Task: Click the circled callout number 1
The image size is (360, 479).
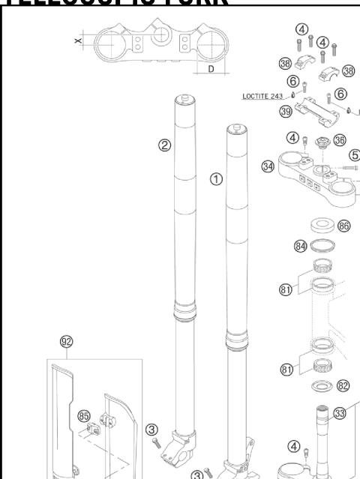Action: click(216, 180)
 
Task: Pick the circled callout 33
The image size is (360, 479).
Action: click(339, 412)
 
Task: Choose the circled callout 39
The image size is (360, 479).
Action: click(285, 112)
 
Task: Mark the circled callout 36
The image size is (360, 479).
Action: click(339, 139)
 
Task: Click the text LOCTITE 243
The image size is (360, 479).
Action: click(264, 96)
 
